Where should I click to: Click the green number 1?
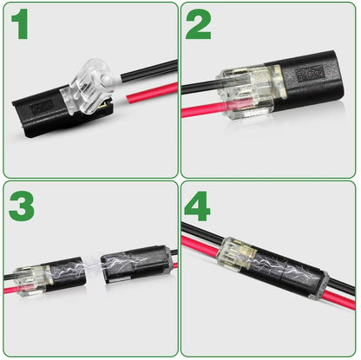click(20, 24)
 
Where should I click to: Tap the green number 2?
click(198, 24)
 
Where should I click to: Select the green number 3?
click(22, 206)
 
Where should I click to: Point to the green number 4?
click(199, 206)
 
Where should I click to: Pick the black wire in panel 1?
click(148, 70)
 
